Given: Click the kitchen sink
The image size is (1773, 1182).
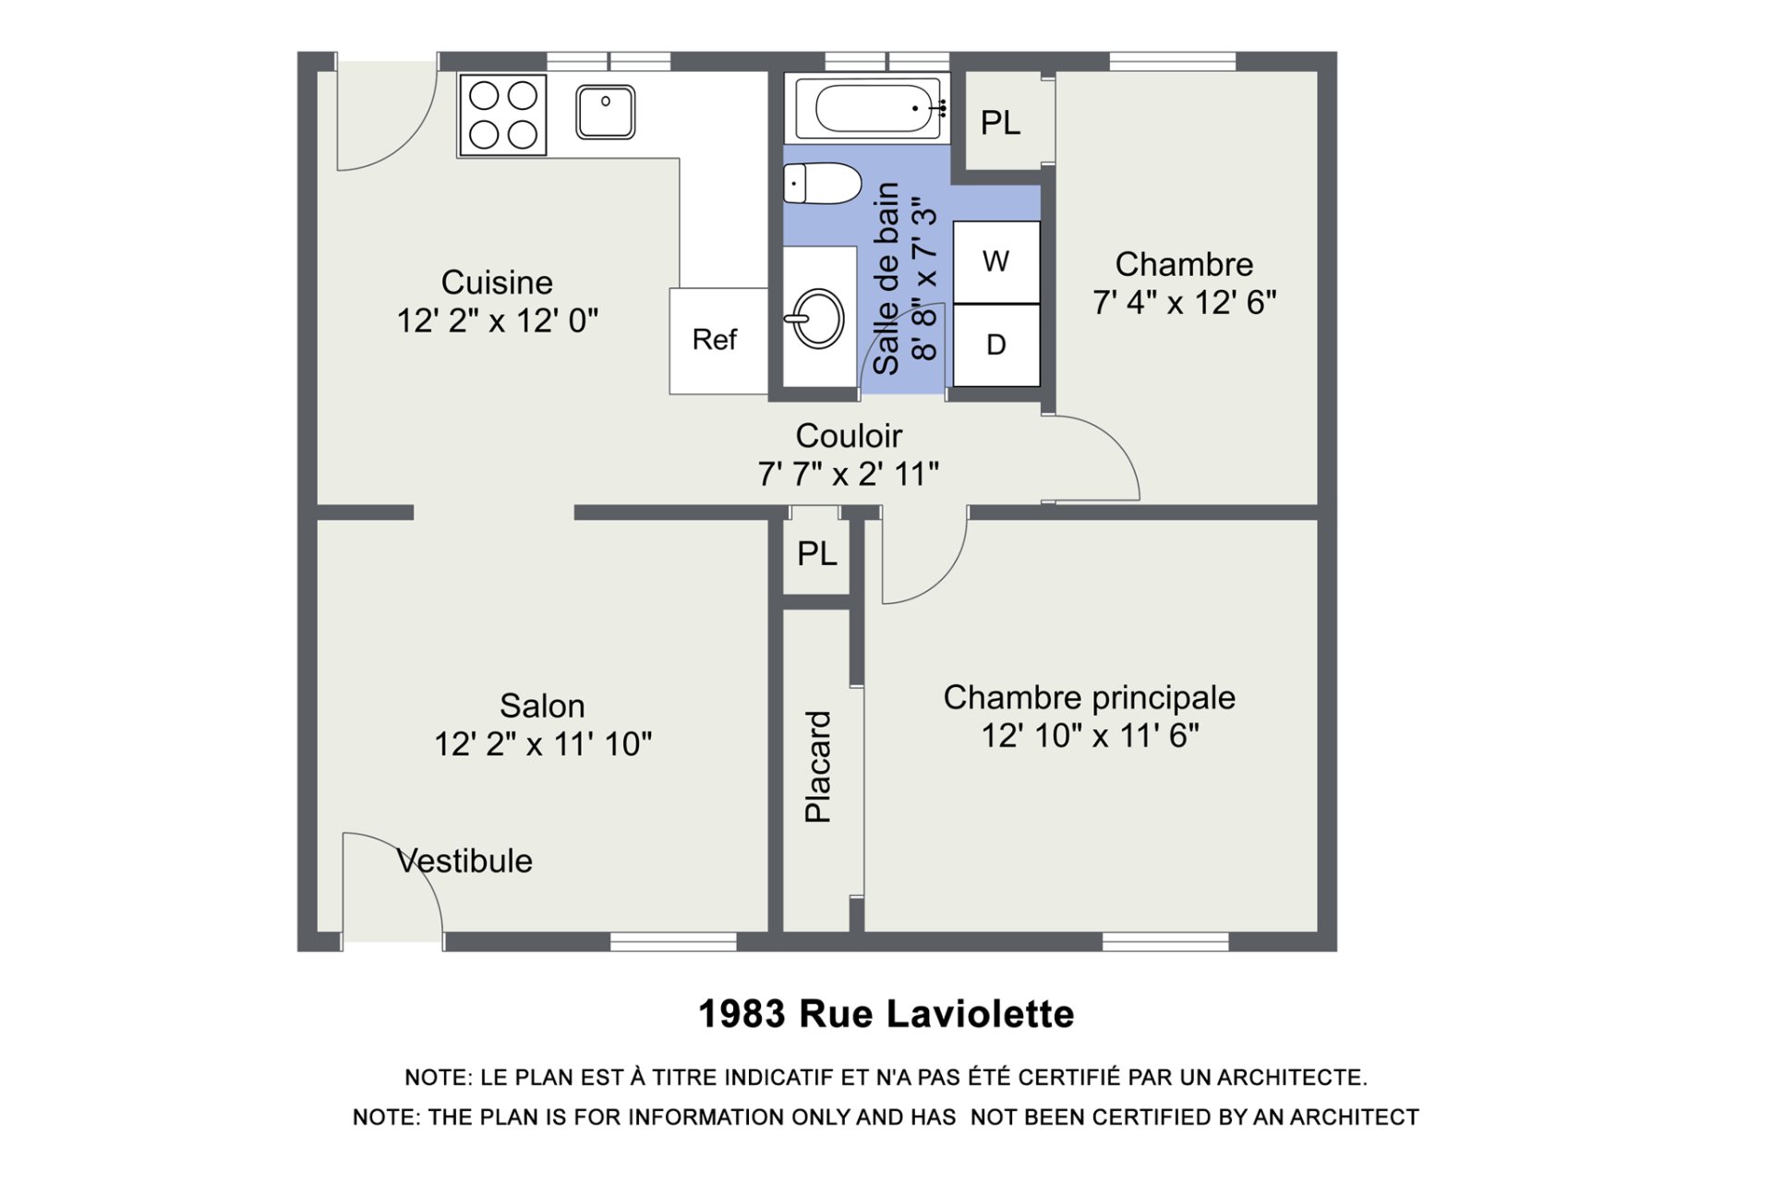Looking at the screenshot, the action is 605,112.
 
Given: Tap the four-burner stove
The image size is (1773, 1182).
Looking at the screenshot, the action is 503,115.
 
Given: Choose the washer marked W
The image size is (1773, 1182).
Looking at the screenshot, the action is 996,262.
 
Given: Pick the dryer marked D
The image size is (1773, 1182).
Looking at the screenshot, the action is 996,345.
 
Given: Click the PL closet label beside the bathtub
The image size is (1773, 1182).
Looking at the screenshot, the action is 1000,123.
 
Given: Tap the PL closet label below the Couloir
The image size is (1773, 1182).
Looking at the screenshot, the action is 817,554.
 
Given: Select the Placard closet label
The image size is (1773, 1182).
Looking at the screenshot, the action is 818,766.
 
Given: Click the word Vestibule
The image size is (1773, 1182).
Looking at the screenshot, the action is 464,861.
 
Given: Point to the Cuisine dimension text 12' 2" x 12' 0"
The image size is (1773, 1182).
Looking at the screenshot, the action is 498,321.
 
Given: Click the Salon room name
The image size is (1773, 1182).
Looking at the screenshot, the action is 542,706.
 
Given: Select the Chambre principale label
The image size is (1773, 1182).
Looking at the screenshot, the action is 1090,698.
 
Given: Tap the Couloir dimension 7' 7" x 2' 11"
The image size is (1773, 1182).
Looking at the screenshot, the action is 849,475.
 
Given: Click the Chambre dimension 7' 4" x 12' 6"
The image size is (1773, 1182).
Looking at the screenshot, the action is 1185,303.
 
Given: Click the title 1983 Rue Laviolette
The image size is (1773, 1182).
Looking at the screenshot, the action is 886,1014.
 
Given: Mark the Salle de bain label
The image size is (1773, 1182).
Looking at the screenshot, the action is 886,278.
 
